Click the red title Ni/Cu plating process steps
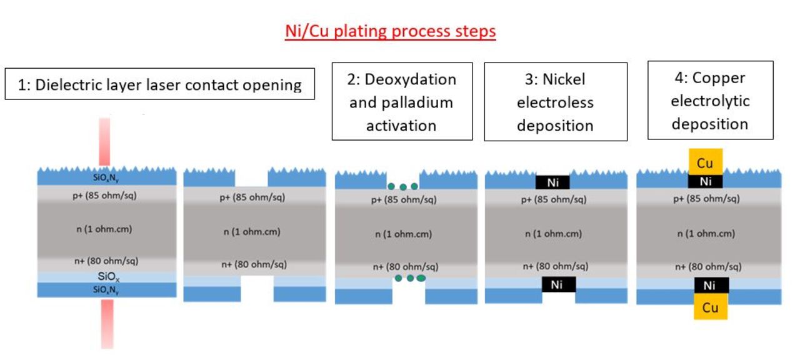390,32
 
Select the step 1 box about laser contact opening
159,84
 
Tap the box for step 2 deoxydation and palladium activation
401,102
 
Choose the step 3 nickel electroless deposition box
555,102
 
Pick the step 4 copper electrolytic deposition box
710,101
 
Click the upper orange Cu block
705,162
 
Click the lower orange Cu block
710,307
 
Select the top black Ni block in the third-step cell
552,183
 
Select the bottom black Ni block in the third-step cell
557,285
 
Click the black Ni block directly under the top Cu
705,182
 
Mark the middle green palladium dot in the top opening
402,186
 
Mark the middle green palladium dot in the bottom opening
410,278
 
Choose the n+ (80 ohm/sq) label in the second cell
255,264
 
